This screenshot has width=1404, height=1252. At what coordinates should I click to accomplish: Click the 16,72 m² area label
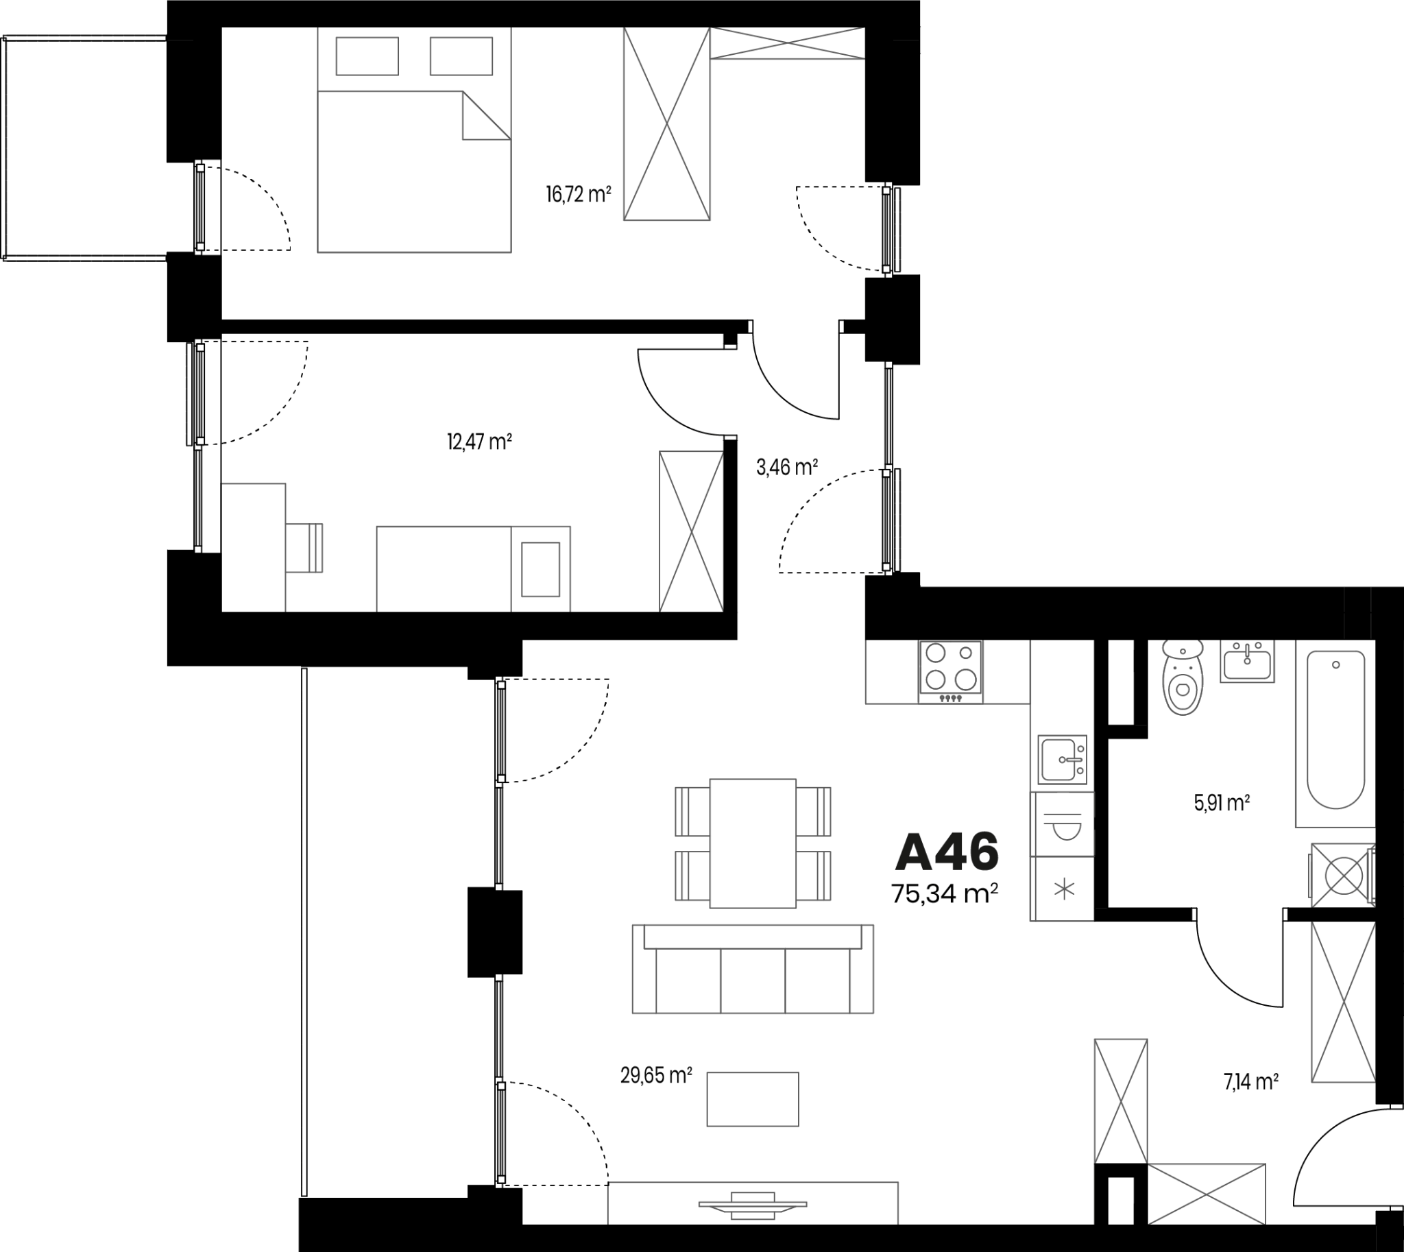click(579, 195)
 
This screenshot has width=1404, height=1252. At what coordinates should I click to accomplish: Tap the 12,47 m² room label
click(479, 441)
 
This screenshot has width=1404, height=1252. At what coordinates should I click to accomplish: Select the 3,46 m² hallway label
click(787, 468)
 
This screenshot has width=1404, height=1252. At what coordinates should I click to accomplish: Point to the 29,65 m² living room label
click(655, 1075)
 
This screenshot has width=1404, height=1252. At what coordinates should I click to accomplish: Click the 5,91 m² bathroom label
click(1222, 803)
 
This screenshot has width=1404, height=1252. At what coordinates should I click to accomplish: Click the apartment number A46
click(947, 852)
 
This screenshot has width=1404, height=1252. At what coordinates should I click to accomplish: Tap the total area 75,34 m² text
click(945, 893)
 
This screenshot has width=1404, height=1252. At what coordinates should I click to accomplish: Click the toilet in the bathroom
click(1183, 677)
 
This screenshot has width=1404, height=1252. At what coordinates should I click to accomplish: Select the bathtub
click(1335, 733)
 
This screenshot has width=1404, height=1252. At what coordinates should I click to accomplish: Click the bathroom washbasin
click(1247, 661)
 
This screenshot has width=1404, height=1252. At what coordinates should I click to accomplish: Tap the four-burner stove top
click(951, 672)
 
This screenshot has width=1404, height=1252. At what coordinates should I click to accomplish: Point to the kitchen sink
click(1063, 760)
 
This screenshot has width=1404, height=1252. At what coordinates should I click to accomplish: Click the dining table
click(753, 843)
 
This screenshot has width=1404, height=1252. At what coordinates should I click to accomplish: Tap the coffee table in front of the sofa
click(753, 1098)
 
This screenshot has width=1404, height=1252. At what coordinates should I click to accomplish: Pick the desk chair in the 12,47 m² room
click(304, 548)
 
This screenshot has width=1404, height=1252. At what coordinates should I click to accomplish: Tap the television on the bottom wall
click(753, 1205)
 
